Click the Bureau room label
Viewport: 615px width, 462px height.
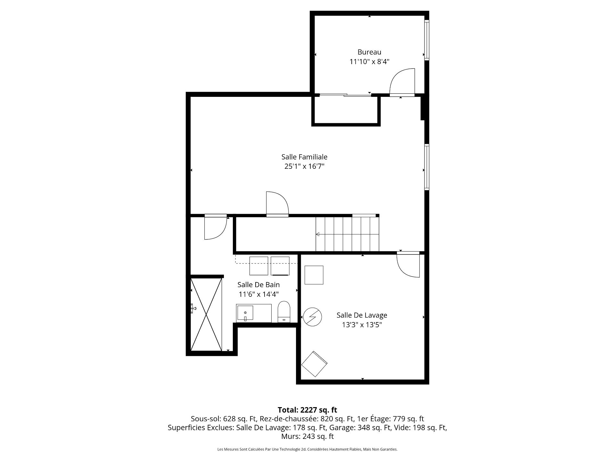369,52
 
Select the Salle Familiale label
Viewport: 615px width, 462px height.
304,157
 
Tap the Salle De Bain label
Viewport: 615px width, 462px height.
258,285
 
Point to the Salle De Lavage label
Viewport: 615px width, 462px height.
362,315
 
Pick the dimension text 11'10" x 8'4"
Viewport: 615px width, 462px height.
369,62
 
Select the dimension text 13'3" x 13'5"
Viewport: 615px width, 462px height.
362,325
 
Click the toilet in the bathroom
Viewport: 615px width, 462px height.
284,312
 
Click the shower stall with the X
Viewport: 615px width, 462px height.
206,314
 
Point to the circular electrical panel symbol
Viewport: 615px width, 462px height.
312,317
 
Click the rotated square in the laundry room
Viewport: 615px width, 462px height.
314,364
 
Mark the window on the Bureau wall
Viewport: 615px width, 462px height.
427,40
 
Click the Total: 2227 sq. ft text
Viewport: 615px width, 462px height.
307,410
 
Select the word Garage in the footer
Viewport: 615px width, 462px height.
340,428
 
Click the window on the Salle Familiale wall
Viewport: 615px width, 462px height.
427,167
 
